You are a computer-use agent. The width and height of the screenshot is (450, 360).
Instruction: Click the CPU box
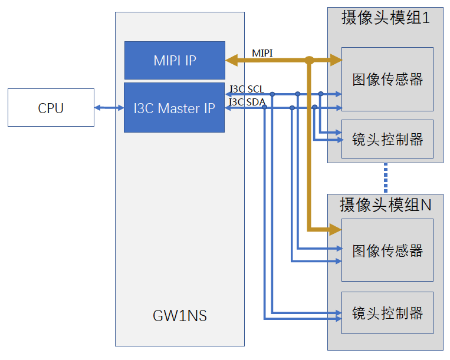51,107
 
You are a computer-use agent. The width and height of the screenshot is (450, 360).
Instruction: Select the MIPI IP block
175,61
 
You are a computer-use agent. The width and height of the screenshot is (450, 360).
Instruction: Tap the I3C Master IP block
174,108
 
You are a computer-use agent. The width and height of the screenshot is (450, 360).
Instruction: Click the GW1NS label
180,316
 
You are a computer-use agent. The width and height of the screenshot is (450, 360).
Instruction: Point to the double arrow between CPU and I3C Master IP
109,108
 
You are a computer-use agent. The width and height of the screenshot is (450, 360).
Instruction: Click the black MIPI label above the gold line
262,53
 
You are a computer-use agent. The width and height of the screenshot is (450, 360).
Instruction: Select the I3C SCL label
247,89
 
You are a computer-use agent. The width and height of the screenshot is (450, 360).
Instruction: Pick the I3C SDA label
247,102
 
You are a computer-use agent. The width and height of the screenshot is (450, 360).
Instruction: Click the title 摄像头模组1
386,18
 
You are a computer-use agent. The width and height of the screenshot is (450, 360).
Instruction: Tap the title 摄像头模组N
386,205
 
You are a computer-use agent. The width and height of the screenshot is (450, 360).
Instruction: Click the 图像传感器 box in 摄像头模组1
387,79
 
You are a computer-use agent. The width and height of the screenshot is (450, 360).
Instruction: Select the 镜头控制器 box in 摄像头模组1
387,139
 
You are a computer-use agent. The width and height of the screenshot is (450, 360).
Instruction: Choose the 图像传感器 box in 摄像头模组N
387,250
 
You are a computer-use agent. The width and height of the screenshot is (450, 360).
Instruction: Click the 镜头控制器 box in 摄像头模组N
387,313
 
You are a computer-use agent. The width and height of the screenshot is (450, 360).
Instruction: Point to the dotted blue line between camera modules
386,179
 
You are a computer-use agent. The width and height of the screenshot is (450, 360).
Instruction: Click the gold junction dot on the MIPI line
309,60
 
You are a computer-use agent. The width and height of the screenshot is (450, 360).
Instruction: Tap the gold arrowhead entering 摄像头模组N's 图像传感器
335,229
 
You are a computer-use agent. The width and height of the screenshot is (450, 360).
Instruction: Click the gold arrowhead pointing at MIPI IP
232,60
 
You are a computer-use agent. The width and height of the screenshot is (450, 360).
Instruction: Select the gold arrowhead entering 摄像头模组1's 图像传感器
336,60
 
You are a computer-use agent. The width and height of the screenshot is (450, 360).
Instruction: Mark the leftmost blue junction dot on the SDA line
265,107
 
